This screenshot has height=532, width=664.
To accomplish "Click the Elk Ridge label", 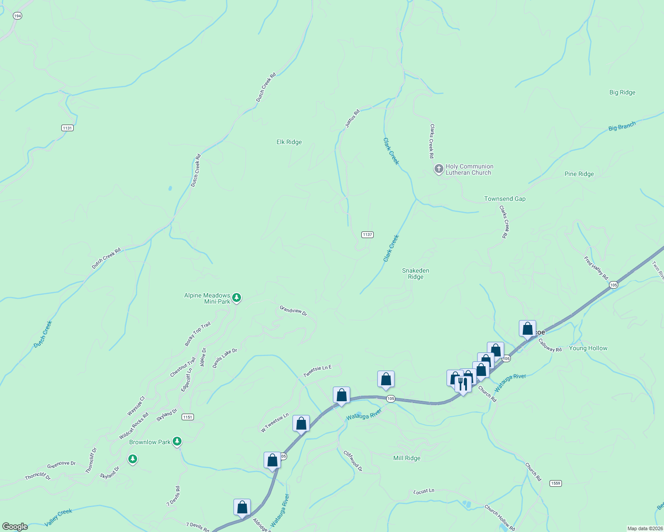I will [x=289, y=142].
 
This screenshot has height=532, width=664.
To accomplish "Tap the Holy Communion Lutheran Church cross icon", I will [x=439, y=169].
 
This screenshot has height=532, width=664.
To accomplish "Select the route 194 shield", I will [x=17, y=16].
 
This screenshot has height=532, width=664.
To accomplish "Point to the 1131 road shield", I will [x=67, y=128].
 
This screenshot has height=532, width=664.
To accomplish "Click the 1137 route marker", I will [x=367, y=235].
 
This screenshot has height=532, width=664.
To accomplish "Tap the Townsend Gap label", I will [x=505, y=199].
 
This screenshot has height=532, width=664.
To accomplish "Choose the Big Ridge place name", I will [x=622, y=92].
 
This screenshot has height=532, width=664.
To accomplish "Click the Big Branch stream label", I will [x=622, y=126].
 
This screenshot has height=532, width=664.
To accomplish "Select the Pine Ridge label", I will [x=579, y=174].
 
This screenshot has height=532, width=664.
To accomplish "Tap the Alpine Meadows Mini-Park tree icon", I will [x=237, y=297].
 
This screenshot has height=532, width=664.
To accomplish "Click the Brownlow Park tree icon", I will [x=177, y=441].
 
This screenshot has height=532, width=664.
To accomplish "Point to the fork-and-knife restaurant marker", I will [x=463, y=384].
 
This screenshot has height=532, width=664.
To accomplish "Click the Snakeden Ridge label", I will [x=415, y=274].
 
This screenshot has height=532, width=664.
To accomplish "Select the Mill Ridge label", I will [x=407, y=458].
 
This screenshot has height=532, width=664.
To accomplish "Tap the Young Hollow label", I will [x=588, y=348].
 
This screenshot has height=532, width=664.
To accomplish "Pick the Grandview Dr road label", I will [x=293, y=310].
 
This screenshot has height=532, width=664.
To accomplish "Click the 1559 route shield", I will [x=556, y=483].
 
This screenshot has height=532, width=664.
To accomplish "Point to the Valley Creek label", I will [x=58, y=518].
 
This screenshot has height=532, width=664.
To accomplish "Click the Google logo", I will [x=15, y=527].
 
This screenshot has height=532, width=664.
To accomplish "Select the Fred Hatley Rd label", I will [x=596, y=268].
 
